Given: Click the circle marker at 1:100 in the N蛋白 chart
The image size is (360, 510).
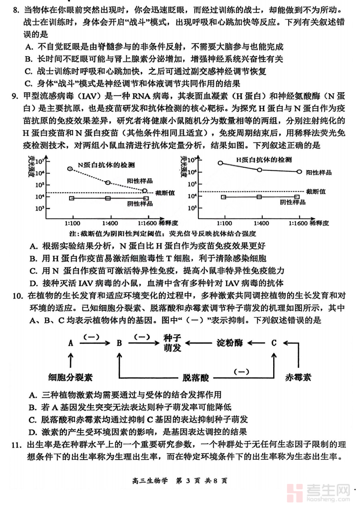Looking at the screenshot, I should [x=70, y=169].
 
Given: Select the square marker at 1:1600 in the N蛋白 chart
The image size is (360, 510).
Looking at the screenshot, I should [x=146, y=198].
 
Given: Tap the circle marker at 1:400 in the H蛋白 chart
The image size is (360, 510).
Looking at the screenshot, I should [x=260, y=170].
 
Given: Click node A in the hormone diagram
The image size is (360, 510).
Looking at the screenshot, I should [x=71, y=343].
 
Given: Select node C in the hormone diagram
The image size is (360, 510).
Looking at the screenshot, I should [x=274, y=343].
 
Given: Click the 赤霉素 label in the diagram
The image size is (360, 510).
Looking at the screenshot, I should [x=298, y=377].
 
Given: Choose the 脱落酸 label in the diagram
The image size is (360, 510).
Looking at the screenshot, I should [x=196, y=377].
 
